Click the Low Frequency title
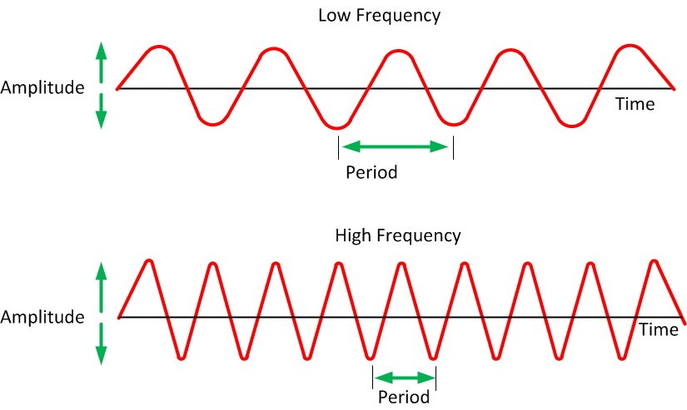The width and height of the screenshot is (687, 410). [380, 16]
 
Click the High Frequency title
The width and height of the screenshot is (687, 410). [398, 236]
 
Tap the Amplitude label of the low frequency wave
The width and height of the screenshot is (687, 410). [42, 88]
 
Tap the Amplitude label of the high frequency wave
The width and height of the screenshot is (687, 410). [42, 317]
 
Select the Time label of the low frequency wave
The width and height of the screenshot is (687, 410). [635, 104]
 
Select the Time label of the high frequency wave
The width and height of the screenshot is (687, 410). [659, 329]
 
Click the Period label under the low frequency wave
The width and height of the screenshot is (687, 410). [371, 172]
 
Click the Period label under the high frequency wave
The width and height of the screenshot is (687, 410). [404, 398]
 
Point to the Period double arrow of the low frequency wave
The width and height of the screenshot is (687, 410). [396, 146]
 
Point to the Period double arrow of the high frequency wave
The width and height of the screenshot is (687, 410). [405, 378]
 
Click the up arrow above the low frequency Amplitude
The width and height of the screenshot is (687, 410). [102, 62]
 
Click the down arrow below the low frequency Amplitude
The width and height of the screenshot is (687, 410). [102, 111]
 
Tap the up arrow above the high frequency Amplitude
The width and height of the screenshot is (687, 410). [102, 287]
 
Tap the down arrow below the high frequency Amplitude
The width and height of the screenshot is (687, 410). [102, 344]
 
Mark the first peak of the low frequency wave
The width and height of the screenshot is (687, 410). [159, 47]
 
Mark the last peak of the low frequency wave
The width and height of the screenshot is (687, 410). [630, 46]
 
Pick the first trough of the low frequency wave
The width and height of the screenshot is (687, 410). [213, 125]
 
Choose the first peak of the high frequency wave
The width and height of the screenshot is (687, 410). [150, 261]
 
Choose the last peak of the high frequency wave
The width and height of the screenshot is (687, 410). [655, 261]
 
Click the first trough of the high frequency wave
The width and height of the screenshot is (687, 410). [182, 358]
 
